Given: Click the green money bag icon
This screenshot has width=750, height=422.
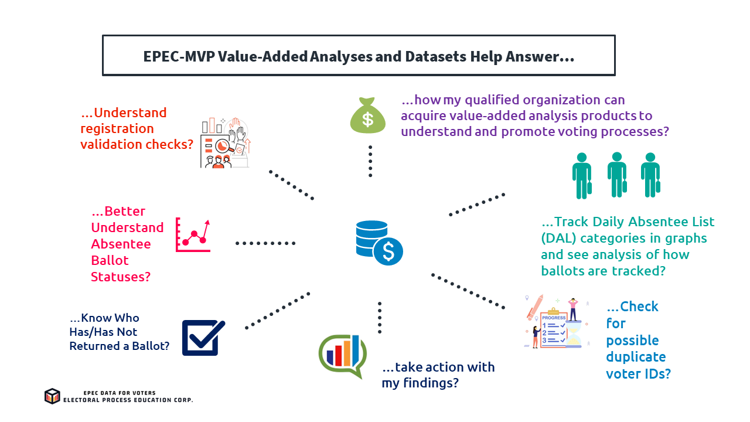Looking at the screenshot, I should coord(367,117).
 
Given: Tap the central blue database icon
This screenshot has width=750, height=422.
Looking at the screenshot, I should coord(378,242).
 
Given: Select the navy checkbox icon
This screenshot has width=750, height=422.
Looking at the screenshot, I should coord(203,338).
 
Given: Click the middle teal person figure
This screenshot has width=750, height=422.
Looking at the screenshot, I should coord(616,175).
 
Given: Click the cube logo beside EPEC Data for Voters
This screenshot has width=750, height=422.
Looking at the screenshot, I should coord(52,396).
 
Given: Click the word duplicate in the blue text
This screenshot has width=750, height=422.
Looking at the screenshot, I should coord(636,357).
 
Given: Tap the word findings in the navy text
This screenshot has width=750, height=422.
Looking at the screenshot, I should coord(430,383).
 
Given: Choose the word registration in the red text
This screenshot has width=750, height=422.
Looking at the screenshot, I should coord(109,128).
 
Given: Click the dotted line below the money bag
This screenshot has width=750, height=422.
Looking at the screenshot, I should coord(370,160).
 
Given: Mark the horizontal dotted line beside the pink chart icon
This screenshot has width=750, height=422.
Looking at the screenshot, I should coord(265,243).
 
